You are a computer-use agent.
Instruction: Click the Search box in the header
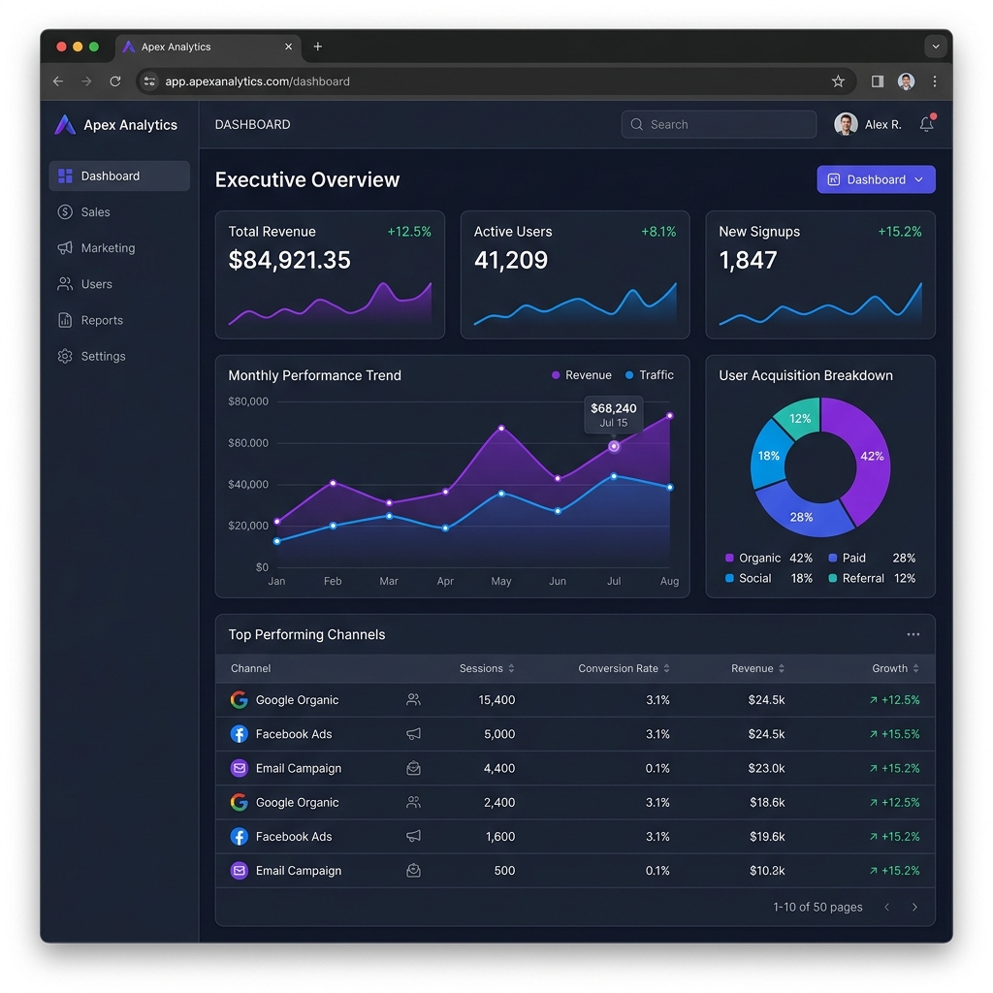click(719, 124)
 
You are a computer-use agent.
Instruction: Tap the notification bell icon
click(926, 124)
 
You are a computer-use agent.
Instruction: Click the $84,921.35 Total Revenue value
click(289, 260)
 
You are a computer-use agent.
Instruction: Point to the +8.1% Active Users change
click(658, 232)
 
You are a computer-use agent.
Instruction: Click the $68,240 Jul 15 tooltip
click(613, 414)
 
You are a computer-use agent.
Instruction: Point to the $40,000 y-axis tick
click(248, 485)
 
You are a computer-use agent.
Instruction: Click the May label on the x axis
click(501, 582)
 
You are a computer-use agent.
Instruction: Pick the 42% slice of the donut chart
click(868, 456)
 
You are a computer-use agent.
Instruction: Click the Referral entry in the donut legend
click(862, 578)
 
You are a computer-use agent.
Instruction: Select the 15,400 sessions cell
click(496, 700)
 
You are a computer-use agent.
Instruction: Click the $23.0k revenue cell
click(766, 768)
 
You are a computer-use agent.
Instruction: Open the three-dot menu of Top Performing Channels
click(913, 634)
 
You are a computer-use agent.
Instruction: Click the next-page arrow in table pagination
click(914, 908)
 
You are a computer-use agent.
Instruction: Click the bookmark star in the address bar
click(838, 81)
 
